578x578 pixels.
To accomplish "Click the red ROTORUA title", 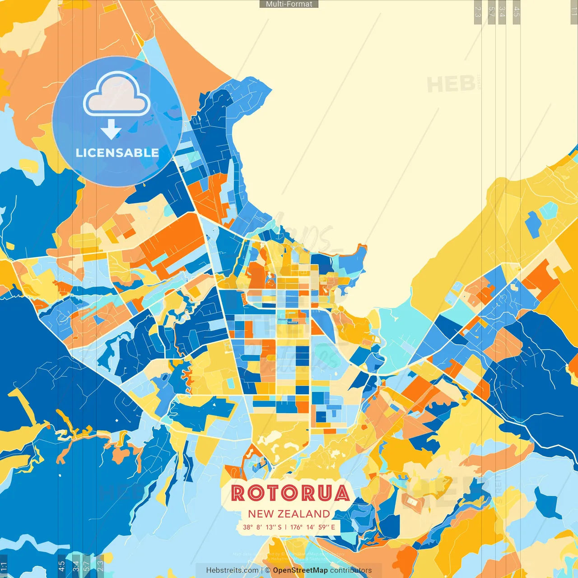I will [290, 493].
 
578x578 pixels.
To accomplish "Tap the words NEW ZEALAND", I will [289, 514].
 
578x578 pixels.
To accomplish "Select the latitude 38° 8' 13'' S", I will [262, 527].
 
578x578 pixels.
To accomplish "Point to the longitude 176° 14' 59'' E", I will [312, 527].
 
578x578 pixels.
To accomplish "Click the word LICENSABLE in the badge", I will [117, 153].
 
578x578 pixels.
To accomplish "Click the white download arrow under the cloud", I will [111, 130].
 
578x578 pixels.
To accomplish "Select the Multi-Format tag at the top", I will [289, 4].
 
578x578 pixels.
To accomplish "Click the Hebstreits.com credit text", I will [232, 570].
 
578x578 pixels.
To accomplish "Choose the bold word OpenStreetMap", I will [300, 570].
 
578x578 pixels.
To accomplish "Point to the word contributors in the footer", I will [351, 570].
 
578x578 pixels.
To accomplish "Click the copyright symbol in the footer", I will [268, 570].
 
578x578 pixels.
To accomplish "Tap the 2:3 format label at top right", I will [478, 11].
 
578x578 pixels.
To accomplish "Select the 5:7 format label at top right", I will [492, 11].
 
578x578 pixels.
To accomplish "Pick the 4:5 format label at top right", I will [517, 11].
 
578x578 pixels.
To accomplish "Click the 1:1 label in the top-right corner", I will [573, 11].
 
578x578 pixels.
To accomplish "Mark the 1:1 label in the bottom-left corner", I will [4, 566].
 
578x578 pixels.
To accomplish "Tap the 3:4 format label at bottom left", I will [75, 566].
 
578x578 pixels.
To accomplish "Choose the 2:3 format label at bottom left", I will [100, 566].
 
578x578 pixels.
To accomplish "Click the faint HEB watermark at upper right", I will [451, 84].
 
